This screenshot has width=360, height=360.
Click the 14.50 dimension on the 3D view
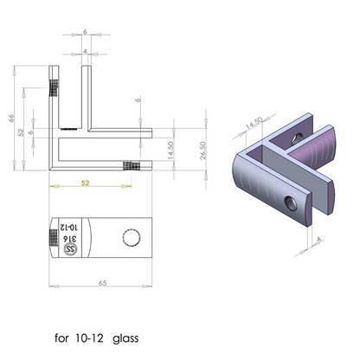[x=254, y=125]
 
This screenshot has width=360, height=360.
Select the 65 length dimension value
[x=103, y=283]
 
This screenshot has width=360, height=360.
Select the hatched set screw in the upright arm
[x=54, y=89]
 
